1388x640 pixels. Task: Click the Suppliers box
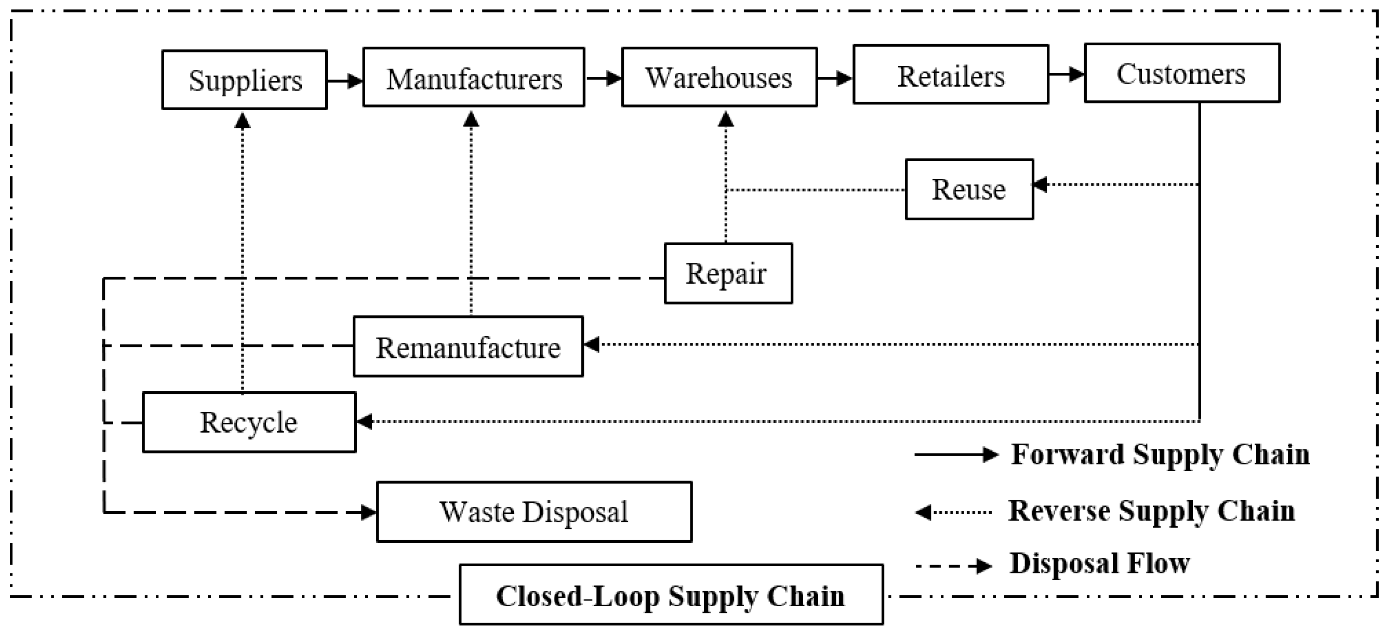(244, 80)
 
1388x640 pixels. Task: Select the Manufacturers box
(473, 78)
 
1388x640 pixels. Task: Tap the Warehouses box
(719, 77)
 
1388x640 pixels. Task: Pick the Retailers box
(950, 75)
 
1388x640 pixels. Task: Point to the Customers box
(1182, 73)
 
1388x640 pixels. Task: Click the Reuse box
(969, 189)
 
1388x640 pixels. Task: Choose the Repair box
(728, 273)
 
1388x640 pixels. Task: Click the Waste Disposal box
(534, 512)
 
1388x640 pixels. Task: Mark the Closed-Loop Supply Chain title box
(671, 595)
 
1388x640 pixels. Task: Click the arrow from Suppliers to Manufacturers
(345, 81)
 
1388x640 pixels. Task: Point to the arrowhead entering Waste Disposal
(369, 512)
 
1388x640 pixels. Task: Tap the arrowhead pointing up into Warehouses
(726, 119)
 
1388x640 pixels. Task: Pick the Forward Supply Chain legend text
(1160, 454)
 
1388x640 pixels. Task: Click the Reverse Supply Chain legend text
(1151, 511)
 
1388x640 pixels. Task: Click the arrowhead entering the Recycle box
(365, 421)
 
